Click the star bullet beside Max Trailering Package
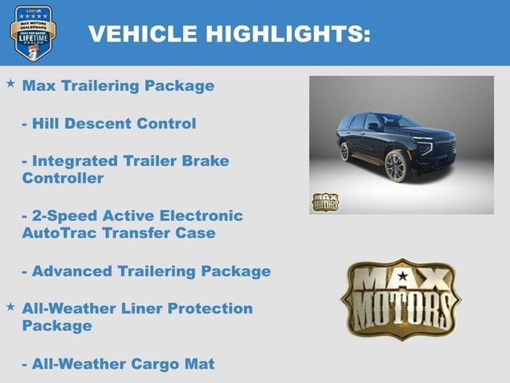pos(10,83)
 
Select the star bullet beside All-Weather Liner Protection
pos(10,306)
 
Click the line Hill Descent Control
pos(108,124)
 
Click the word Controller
pos(62,179)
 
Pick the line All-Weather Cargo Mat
pos(118,364)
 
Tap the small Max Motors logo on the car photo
pos(325,202)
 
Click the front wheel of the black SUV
pos(395,168)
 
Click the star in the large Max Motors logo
pos(402,277)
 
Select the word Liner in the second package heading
pos(146,309)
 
